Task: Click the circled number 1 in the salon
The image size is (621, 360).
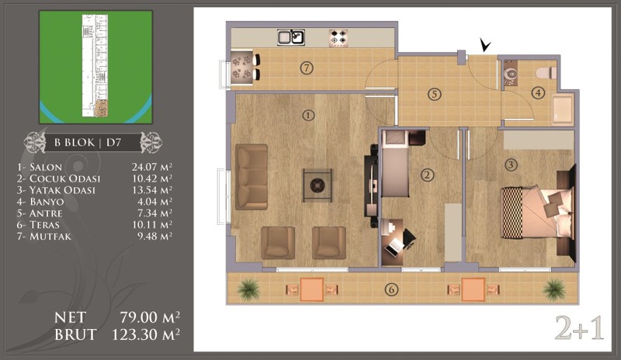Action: (308, 116)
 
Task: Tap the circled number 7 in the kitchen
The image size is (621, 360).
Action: (307, 68)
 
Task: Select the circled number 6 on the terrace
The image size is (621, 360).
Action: (391, 289)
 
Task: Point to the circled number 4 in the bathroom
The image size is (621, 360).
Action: (538, 93)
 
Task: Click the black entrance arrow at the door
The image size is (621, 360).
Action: (484, 44)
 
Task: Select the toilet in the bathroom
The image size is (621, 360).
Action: (546, 73)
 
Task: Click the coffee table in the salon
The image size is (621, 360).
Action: (317, 185)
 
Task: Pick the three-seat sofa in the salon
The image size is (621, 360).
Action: (251, 177)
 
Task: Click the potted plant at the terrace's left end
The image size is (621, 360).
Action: (248, 289)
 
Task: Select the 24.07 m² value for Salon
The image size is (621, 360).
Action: (152, 167)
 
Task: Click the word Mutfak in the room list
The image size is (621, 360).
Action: (50, 237)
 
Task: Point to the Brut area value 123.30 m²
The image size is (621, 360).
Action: (146, 334)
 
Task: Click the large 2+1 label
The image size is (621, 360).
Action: (579, 328)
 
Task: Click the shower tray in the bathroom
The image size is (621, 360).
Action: (562, 109)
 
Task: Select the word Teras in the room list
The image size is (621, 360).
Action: (44, 225)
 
